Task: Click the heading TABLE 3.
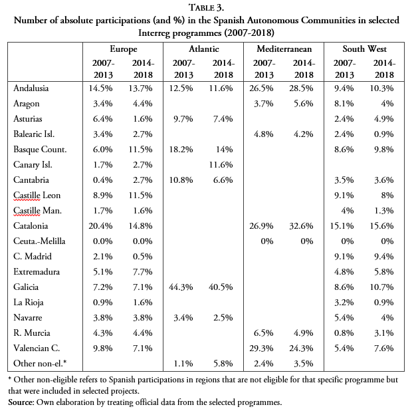point(206,8)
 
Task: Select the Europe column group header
point(124,49)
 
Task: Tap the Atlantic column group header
point(204,49)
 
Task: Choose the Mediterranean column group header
point(284,49)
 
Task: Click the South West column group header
point(365,49)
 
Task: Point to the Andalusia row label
point(31,88)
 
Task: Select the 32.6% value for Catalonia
point(303,225)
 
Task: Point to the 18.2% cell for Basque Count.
point(183,149)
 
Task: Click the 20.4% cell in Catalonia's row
point(104,225)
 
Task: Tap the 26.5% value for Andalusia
point(264,88)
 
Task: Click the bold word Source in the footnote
point(21,402)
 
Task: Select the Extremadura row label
point(37,271)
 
